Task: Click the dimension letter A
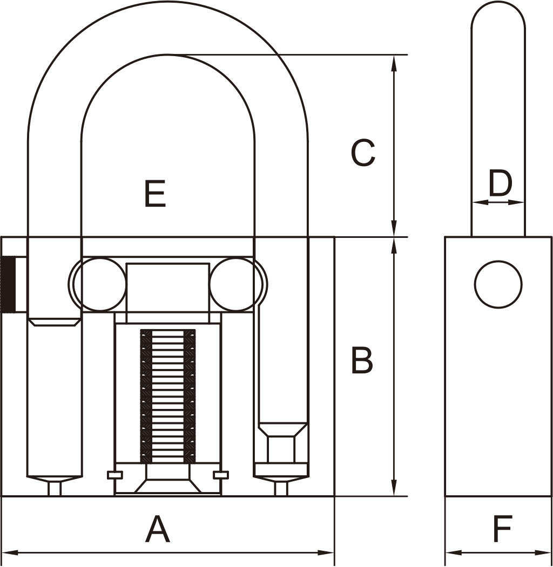click(158, 529)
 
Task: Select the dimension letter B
click(362, 360)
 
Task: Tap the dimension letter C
click(363, 153)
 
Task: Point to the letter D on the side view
click(501, 183)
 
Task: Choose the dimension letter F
click(503, 529)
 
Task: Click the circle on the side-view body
click(498, 284)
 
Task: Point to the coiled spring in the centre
click(168, 396)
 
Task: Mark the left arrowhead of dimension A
click(10, 553)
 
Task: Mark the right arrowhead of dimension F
click(544, 553)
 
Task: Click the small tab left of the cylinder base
click(115, 475)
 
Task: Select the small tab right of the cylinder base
click(221, 475)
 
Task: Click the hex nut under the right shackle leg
click(281, 449)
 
